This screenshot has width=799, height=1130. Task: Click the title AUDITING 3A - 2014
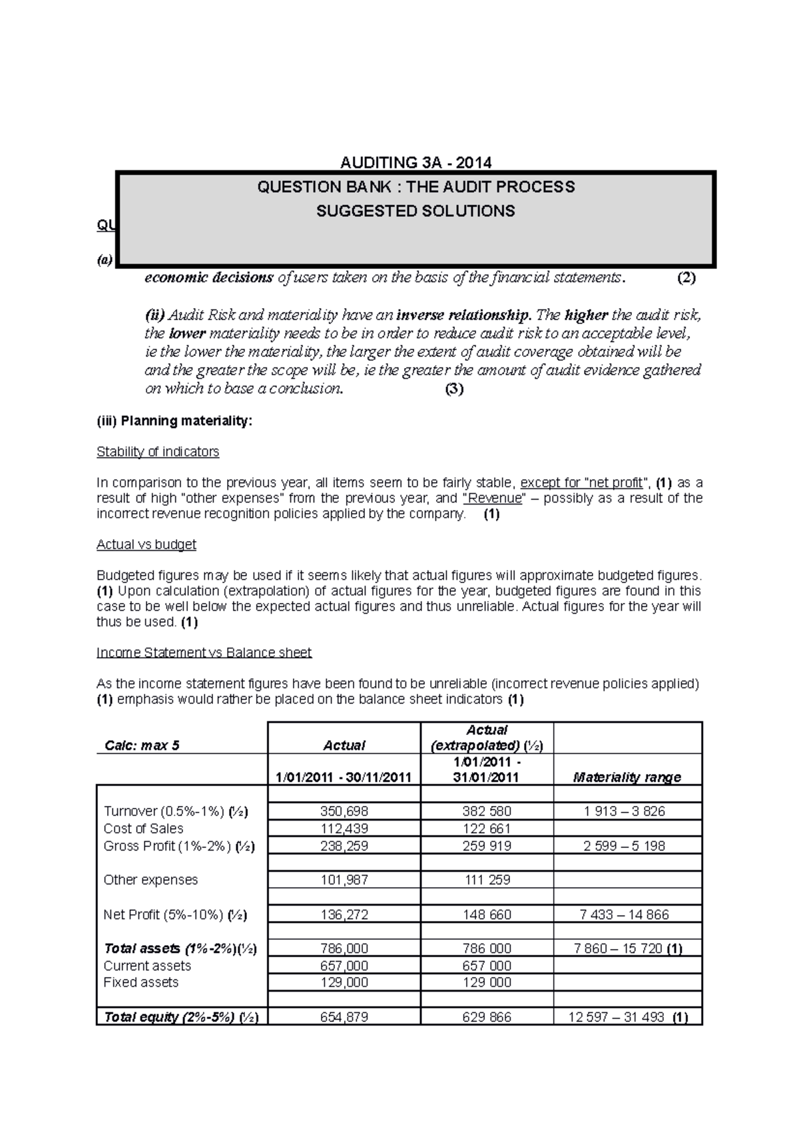[x=415, y=162]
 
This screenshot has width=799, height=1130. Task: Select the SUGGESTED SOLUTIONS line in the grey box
[x=415, y=211]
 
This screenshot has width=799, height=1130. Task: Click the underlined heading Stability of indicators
[x=158, y=452]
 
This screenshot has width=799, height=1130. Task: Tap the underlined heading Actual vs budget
[x=146, y=544]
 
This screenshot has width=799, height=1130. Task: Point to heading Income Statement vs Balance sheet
[x=204, y=653]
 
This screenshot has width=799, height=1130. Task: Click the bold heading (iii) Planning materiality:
[x=174, y=421]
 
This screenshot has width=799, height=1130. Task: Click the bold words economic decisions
[x=209, y=278]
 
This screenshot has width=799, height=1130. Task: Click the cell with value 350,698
[x=344, y=811]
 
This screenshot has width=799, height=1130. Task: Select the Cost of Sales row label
[x=143, y=829]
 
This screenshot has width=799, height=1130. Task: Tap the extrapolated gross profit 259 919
[x=487, y=846]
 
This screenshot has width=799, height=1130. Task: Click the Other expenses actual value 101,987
[x=344, y=880]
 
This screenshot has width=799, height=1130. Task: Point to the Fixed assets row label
[x=141, y=982]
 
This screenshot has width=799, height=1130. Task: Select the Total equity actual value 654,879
[x=344, y=1017]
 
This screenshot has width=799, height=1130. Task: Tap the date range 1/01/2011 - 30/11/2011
[x=344, y=777]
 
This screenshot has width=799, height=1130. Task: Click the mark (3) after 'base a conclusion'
[x=454, y=389]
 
